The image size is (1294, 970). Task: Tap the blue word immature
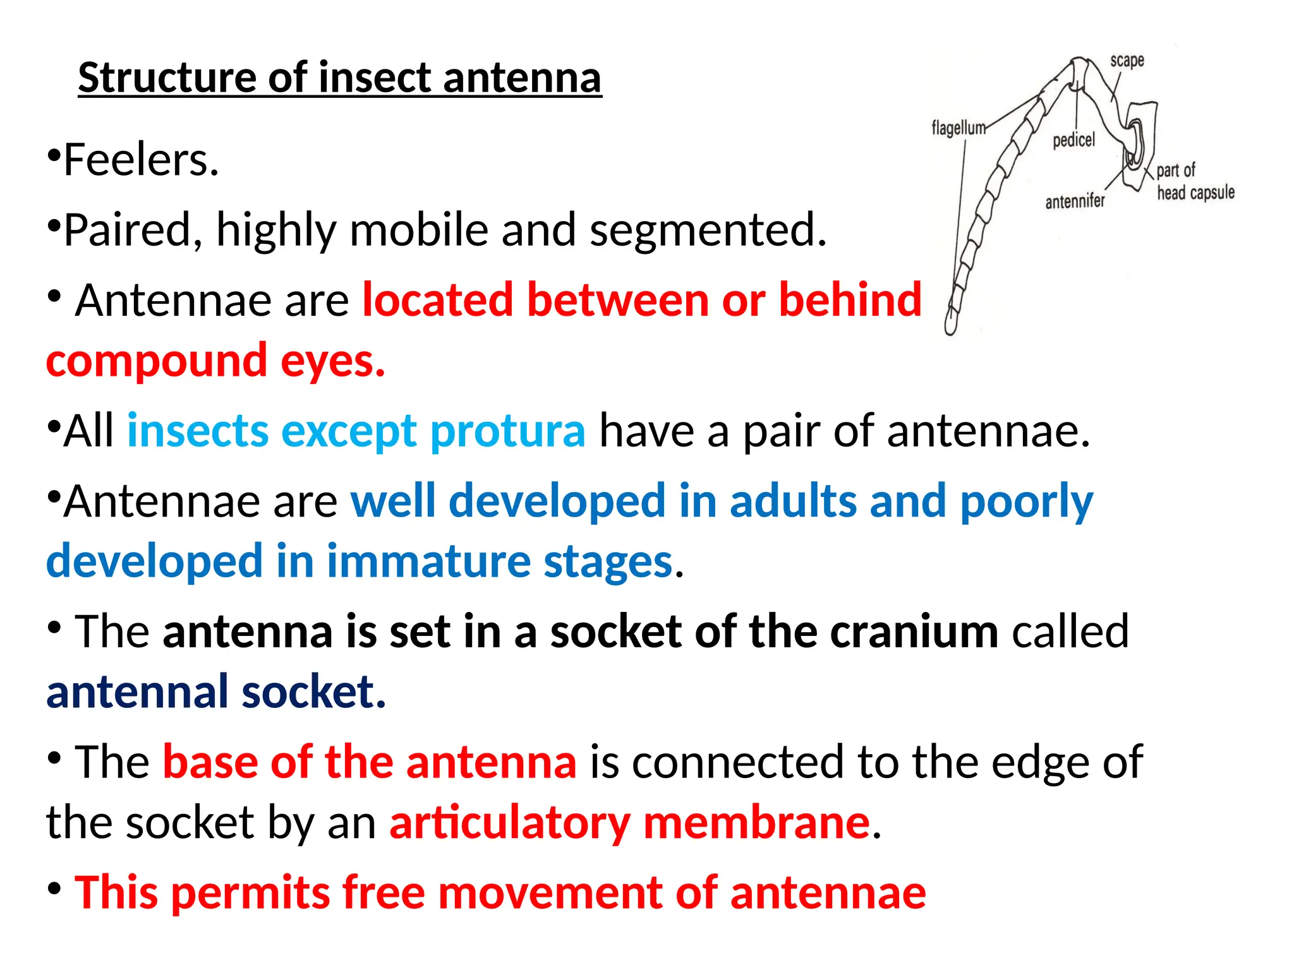point(428,561)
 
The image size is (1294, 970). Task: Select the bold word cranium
point(914,632)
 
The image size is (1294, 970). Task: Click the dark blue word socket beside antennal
point(313,692)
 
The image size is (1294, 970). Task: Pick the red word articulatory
point(509,823)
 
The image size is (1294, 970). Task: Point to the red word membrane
point(756,823)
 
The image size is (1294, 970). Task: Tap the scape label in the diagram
point(1127,61)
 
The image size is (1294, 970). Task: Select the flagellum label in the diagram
point(958,128)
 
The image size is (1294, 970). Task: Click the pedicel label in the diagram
point(1073,140)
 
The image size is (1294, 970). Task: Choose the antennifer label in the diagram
point(1075,201)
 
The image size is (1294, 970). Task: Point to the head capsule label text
point(1195,193)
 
